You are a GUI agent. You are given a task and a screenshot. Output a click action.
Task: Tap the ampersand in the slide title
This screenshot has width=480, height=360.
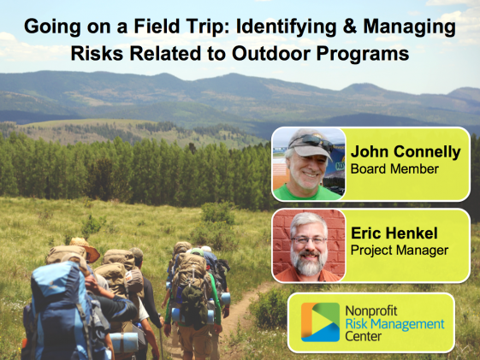pyautogui.click(x=350, y=26)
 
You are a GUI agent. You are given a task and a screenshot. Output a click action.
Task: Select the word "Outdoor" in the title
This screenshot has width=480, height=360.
pyautogui.click(x=271, y=53)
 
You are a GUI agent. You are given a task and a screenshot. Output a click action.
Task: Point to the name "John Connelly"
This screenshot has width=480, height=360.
pyautogui.click(x=406, y=152)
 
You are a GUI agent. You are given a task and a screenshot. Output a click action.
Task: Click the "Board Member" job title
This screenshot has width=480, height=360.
pyautogui.click(x=394, y=168)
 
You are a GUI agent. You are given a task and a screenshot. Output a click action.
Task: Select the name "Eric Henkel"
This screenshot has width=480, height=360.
pyautogui.click(x=394, y=233)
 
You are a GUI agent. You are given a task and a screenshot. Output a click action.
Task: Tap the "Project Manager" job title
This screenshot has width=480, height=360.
pyautogui.click(x=400, y=251)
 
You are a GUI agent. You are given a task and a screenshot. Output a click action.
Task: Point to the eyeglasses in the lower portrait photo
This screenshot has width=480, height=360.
pyautogui.click(x=309, y=240)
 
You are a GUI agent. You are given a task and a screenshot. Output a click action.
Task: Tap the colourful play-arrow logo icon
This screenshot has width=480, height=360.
pyautogui.click(x=321, y=322)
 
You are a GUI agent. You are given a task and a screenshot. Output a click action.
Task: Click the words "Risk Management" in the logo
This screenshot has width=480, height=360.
pyautogui.click(x=394, y=324)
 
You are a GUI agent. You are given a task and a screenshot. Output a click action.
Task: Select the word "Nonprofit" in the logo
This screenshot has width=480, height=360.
pyautogui.click(x=371, y=311)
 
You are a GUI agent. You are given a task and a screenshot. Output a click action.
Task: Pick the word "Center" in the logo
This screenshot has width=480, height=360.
pyautogui.click(x=363, y=336)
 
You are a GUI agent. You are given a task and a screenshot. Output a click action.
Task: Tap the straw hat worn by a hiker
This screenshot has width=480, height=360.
pyautogui.click(x=85, y=248)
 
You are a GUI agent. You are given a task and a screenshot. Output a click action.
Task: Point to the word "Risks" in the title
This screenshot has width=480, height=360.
pyautogui.click(x=97, y=53)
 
